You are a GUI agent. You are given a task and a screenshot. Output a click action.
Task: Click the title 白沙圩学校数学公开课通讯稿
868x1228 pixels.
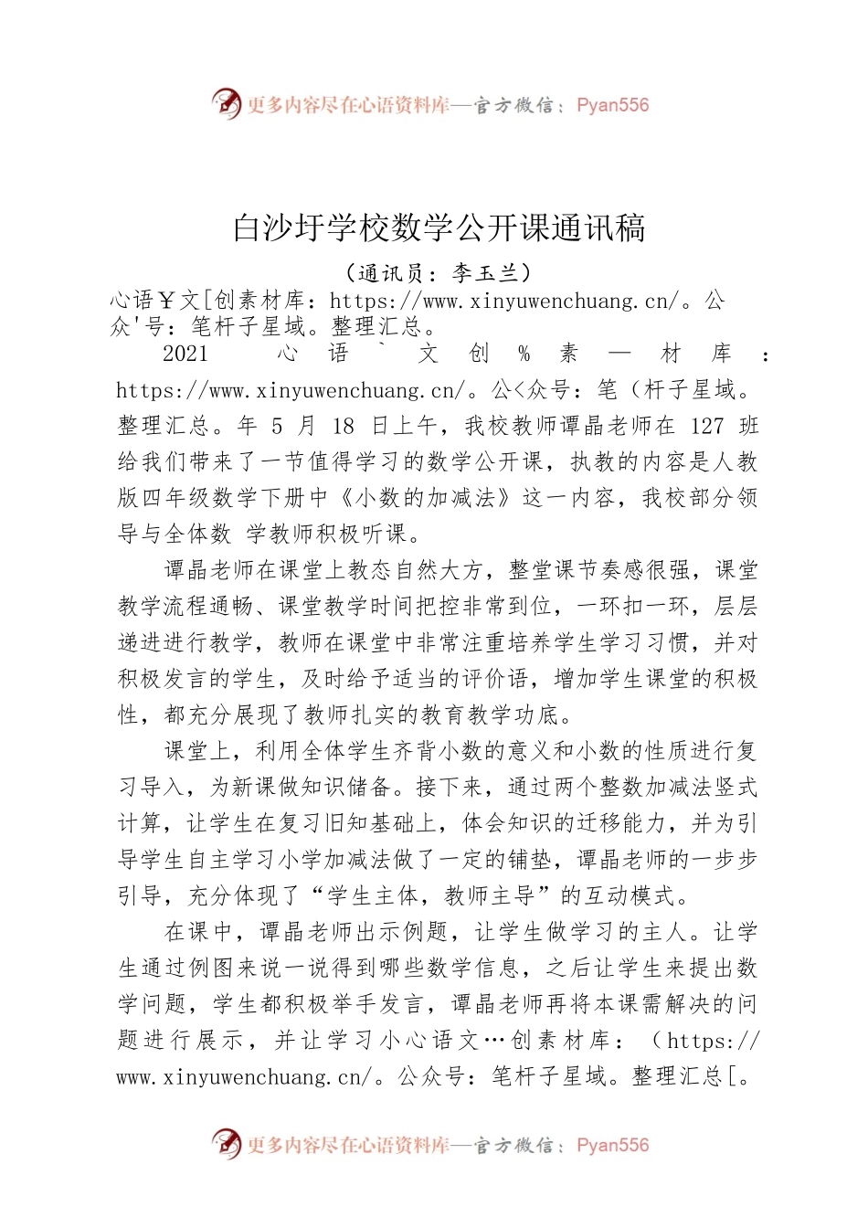(439, 228)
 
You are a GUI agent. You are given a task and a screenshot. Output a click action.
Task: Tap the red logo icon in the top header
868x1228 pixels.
(226, 105)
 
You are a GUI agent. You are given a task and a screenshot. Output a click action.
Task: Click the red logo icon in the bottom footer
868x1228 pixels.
(226, 1144)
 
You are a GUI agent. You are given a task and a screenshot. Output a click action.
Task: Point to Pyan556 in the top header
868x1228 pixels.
(612, 105)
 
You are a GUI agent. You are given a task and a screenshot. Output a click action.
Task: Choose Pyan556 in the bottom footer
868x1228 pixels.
(612, 1145)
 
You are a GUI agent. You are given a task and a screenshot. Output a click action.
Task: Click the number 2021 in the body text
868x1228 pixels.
(185, 354)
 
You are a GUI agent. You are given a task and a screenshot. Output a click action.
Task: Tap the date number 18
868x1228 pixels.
(343, 426)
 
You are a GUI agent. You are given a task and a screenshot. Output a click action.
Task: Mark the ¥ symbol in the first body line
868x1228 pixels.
(168, 300)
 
